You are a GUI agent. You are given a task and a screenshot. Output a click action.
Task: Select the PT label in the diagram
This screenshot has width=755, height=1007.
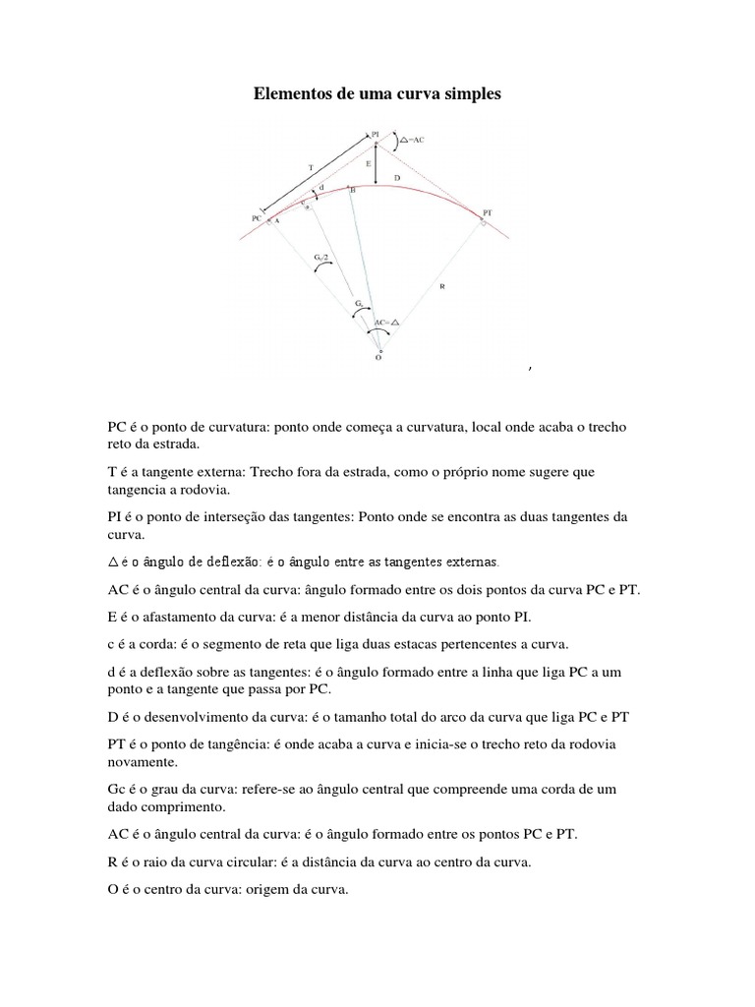pyautogui.click(x=489, y=211)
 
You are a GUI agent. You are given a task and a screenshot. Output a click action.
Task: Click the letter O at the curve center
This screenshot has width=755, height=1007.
pyautogui.click(x=378, y=359)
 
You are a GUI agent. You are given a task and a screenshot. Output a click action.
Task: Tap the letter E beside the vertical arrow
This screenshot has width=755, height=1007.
pyautogui.click(x=368, y=164)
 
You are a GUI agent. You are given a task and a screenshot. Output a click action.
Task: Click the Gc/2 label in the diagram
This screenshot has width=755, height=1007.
pyautogui.click(x=320, y=258)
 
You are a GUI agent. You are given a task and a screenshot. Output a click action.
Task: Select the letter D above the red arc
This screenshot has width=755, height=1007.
pyautogui.click(x=396, y=177)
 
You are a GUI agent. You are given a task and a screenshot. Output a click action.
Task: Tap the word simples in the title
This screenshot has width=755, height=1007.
pyautogui.click(x=471, y=95)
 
